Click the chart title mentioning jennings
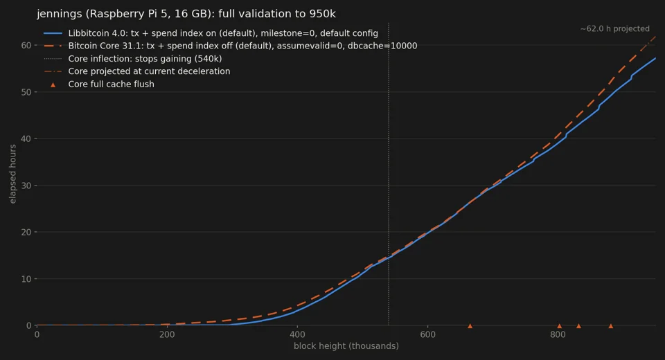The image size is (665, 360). (186, 14)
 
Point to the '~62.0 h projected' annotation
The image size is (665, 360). (615, 29)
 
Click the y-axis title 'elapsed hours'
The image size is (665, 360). (12, 174)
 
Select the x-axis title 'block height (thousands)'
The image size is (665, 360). (346, 346)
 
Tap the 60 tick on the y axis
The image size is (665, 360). (26, 46)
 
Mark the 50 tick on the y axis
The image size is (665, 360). (26, 92)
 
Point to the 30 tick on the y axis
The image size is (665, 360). (26, 186)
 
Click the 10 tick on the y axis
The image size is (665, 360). (26, 278)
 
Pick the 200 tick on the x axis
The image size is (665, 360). (167, 334)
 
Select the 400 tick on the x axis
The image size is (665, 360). (297, 334)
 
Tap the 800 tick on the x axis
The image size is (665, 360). (558, 334)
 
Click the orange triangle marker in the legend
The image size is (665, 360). (53, 84)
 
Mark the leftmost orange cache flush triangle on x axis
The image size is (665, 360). (470, 325)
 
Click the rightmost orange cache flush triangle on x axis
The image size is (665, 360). (611, 325)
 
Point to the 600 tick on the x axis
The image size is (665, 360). (427, 334)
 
